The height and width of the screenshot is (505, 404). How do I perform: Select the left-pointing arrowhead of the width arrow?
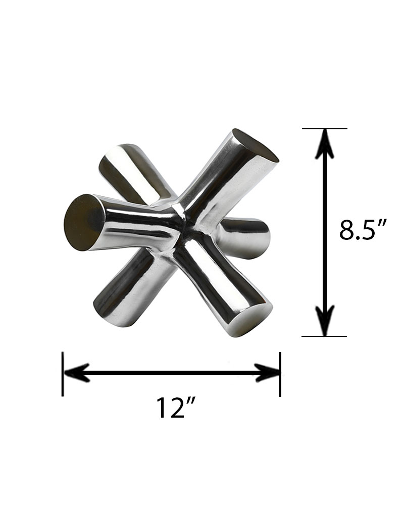click(77, 373)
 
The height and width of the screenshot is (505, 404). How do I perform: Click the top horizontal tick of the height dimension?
click(325, 129)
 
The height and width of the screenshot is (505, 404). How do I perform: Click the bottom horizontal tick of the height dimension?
click(324, 336)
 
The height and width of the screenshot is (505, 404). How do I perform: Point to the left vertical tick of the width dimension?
click(63, 374)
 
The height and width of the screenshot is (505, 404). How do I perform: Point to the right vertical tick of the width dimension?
click(281, 374)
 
